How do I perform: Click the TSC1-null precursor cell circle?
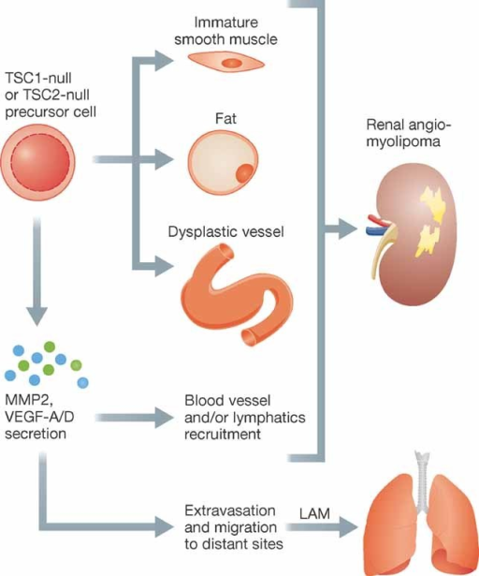pos(37,162)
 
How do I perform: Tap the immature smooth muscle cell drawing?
pos(226,63)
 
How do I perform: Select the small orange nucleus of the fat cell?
pos(244,173)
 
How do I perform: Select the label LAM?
pos(314,513)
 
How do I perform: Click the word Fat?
pos(225,119)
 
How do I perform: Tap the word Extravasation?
pos(230,510)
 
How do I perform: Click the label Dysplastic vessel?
pos(225,231)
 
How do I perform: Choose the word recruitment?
pos(223,435)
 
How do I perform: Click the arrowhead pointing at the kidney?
pos(348,229)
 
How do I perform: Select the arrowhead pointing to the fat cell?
pos(164,159)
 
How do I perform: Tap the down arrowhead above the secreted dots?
pos(36,316)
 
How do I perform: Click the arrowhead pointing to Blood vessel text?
pos(164,418)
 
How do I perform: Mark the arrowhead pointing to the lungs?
pos(348,527)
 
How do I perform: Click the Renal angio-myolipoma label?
pos(408,133)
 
